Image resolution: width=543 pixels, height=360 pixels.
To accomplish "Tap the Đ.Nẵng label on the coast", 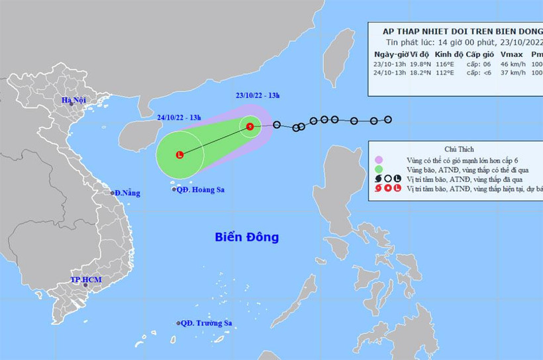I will (126, 193).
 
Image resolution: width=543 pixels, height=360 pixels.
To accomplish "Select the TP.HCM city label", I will (85, 280).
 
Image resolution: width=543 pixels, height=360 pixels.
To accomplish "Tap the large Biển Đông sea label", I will (247, 237).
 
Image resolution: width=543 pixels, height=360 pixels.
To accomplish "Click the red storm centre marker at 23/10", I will (250, 126).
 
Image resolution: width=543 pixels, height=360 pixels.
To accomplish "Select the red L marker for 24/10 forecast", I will (179, 155).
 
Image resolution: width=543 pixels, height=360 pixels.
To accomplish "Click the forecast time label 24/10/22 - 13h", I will (179, 118).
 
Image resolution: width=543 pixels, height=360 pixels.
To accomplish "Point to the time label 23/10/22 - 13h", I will (258, 95).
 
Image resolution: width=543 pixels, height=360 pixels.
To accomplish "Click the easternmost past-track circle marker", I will (388, 120).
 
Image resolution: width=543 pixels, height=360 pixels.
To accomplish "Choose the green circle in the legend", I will (378, 169).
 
